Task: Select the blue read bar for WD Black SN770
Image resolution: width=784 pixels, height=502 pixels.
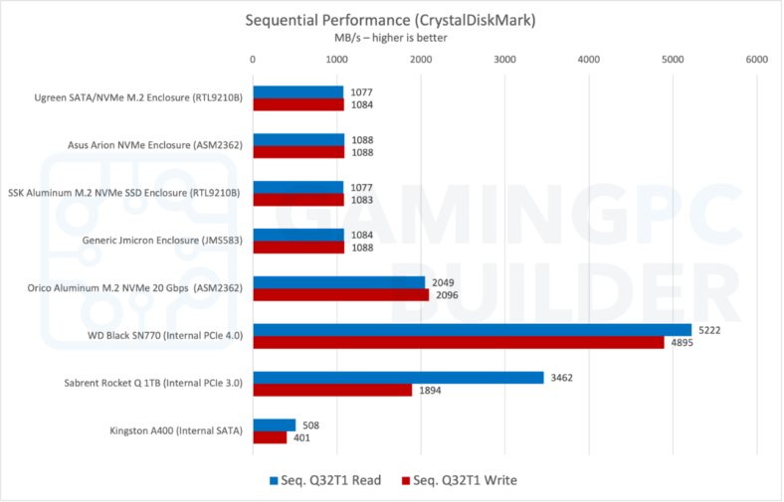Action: pyautogui.click(x=473, y=329)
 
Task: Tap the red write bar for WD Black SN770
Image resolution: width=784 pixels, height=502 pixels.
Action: pyautogui.click(x=459, y=342)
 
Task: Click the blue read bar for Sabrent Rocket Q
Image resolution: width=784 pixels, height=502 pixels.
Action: pyautogui.click(x=398, y=377)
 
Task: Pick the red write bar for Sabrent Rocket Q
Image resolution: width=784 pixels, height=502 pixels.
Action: pyautogui.click(x=332, y=390)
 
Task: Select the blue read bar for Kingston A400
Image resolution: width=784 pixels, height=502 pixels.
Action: pyautogui.click(x=275, y=424)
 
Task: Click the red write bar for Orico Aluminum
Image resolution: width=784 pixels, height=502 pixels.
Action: pyautogui.click(x=341, y=294)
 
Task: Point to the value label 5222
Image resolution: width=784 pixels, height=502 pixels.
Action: pyautogui.click(x=710, y=329)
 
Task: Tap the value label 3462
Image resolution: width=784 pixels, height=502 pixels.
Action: pyautogui.click(x=563, y=377)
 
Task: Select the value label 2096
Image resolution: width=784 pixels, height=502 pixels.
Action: pyautogui.click(x=448, y=295)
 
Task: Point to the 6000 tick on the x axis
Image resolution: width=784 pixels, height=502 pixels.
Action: pyautogui.click(x=756, y=60)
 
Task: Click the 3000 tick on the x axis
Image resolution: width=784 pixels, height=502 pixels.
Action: pyautogui.click(x=504, y=60)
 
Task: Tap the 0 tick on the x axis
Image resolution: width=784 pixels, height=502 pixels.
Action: pyautogui.click(x=254, y=60)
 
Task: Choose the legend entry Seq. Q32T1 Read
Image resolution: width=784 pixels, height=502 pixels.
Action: pyautogui.click(x=324, y=480)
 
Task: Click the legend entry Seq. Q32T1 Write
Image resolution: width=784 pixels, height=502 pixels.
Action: pyautogui.click(x=459, y=480)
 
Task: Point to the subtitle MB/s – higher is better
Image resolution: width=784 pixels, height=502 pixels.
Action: pyautogui.click(x=390, y=38)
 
